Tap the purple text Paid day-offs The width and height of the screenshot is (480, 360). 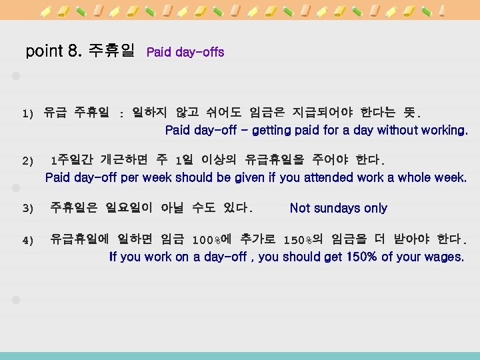185,52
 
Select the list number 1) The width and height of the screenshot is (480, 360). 27,114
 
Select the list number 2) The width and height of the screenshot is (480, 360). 27,161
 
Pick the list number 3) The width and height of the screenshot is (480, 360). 27,209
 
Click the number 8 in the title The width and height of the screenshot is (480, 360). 72,51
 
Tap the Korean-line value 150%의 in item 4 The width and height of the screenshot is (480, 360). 303,240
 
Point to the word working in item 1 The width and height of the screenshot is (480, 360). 443,130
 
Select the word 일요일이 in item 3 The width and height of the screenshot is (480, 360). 130,209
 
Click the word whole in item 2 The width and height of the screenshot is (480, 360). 414,177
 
